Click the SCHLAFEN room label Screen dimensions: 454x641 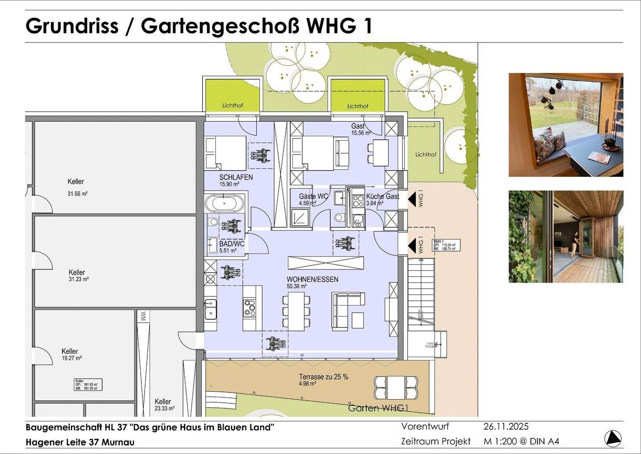pyautogui.click(x=235, y=177)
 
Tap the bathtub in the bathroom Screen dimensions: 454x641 pyautogui.click(x=225, y=204)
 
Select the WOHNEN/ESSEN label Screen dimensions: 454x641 pyautogui.click(x=312, y=279)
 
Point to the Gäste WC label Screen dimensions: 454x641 pyautogui.click(x=313, y=196)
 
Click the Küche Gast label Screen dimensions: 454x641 pyautogui.click(x=382, y=196)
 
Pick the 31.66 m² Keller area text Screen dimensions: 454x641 pyautogui.click(x=77, y=194)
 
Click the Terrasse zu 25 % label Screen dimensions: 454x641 pyautogui.click(x=324, y=377)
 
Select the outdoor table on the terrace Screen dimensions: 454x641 pyautogui.click(x=395, y=387)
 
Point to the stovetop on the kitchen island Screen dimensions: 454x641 pyautogui.click(x=250, y=307)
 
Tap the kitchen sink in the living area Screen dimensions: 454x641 pyautogui.click(x=211, y=309)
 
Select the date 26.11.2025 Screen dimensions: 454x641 pyautogui.click(x=506, y=426)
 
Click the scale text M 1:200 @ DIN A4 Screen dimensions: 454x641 pyautogui.click(x=521, y=442)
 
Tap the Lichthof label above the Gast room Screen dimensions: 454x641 pyautogui.click(x=357, y=106)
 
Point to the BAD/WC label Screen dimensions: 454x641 pyautogui.click(x=232, y=244)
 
